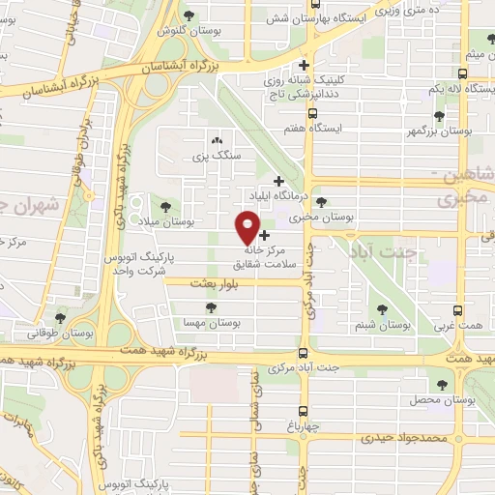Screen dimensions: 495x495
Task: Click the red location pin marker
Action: pos(247,227)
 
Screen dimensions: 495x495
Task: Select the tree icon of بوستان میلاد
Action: pos(163,206)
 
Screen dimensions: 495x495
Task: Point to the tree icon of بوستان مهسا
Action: pos(211,307)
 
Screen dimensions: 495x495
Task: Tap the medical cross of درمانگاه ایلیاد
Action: pos(279,180)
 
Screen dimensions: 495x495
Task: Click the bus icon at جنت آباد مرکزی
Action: pos(304,353)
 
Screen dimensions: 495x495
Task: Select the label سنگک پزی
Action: pos(216,155)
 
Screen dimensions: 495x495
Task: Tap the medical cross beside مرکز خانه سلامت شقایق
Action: pos(265,235)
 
